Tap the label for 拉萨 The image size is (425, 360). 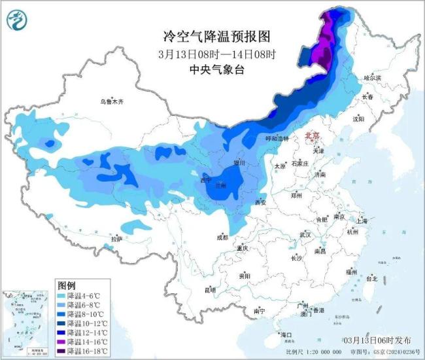pos(116,239)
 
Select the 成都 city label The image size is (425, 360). pos(222,237)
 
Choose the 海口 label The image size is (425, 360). pos(285,334)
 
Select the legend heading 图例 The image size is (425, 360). pos(67,285)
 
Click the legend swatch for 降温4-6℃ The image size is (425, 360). pos(63,296)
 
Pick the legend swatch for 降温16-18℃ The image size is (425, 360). pos(63,350)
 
